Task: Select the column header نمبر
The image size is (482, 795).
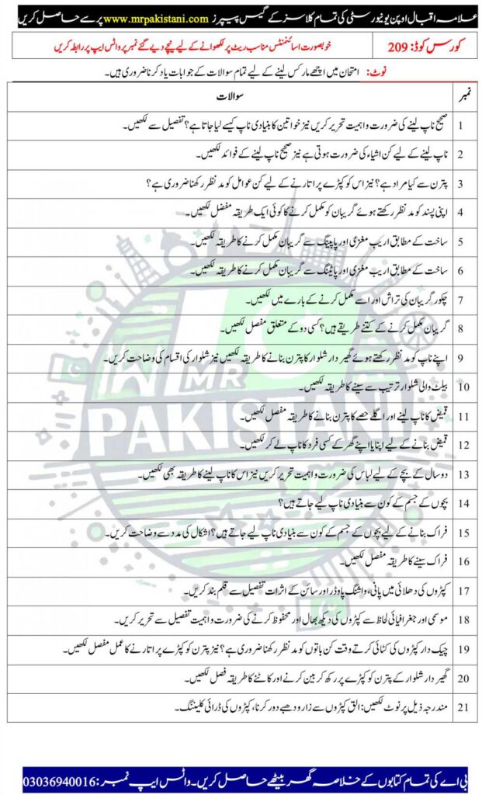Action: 461,95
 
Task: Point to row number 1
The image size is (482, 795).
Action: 461,124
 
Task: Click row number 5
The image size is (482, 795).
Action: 461,241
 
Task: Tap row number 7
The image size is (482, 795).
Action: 461,299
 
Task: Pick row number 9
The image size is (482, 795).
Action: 461,358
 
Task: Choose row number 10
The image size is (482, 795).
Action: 461,387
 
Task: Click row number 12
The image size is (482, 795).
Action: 461,445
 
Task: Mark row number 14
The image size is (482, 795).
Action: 461,503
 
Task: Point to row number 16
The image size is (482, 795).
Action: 461,561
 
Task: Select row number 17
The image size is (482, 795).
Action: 461,590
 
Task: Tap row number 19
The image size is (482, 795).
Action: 461,649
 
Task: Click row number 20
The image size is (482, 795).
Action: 461,678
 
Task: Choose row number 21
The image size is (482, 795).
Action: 461,706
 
